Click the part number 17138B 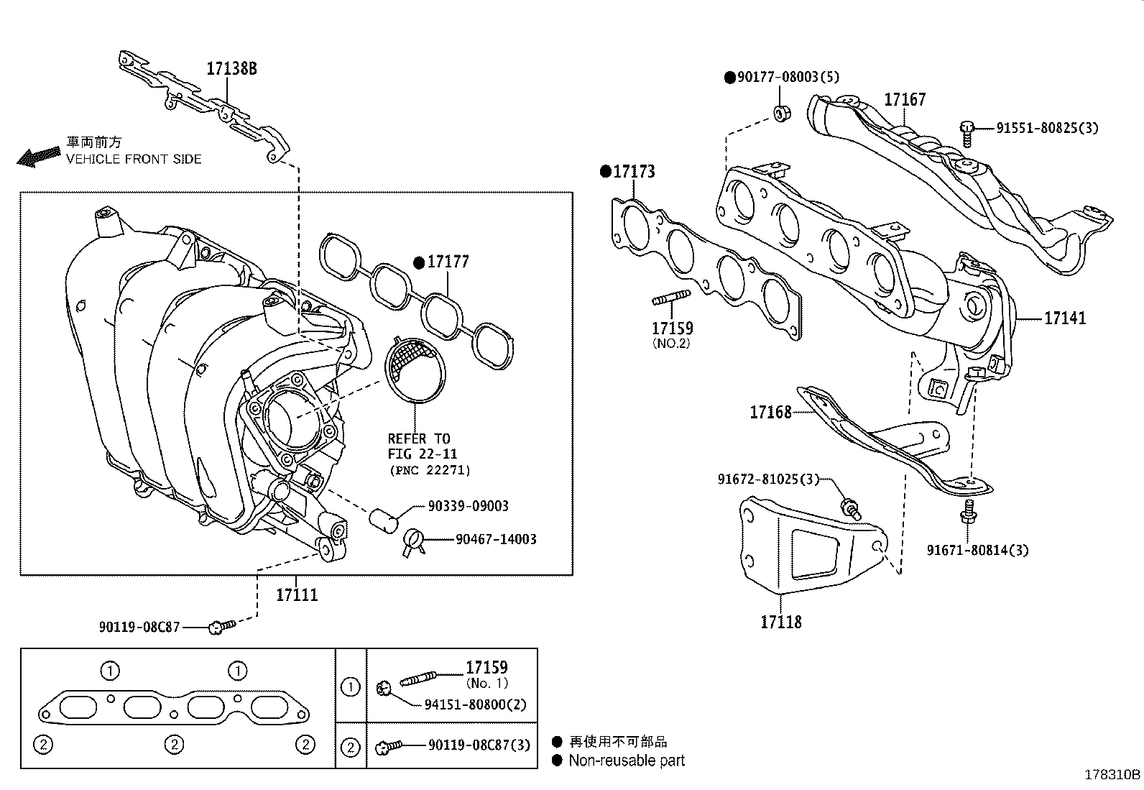point(231,68)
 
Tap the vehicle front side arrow point(38,156)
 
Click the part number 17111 point(297,595)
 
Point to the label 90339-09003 point(468,506)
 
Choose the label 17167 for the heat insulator point(905,100)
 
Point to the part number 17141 point(1065,318)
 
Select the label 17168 point(770,412)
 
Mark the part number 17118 point(781,622)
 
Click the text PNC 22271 point(430,471)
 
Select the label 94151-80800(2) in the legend point(475,704)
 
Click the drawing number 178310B point(1112,775)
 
